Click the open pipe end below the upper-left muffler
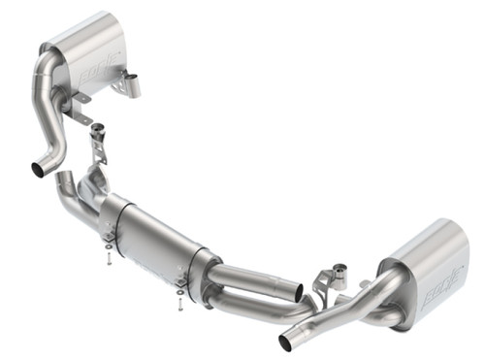click(x=40, y=170)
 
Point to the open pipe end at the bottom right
click(x=286, y=343)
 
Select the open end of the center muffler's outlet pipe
click(x=299, y=290)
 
